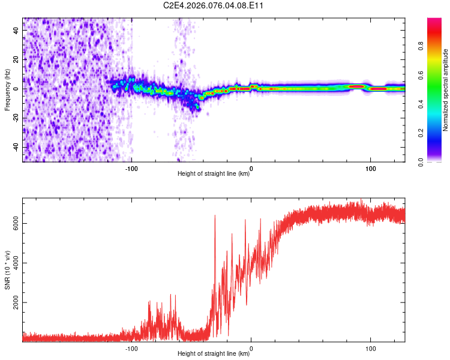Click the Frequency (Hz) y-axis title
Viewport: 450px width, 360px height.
(7, 89)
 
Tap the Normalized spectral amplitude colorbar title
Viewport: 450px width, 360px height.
(445, 89)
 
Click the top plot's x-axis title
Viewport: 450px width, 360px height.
(214, 174)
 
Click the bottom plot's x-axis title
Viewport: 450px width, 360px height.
(214, 354)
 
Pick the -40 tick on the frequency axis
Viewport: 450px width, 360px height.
(15, 147)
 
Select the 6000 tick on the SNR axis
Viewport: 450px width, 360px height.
(14, 224)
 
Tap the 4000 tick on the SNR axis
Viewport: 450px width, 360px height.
(14, 263)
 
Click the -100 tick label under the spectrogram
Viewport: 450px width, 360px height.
(131, 169)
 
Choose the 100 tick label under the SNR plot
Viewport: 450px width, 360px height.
(371, 349)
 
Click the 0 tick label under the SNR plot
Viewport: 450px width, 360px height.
(251, 349)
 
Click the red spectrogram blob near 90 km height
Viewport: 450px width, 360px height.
(357, 86)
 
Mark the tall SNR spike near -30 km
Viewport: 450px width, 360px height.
(215, 217)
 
